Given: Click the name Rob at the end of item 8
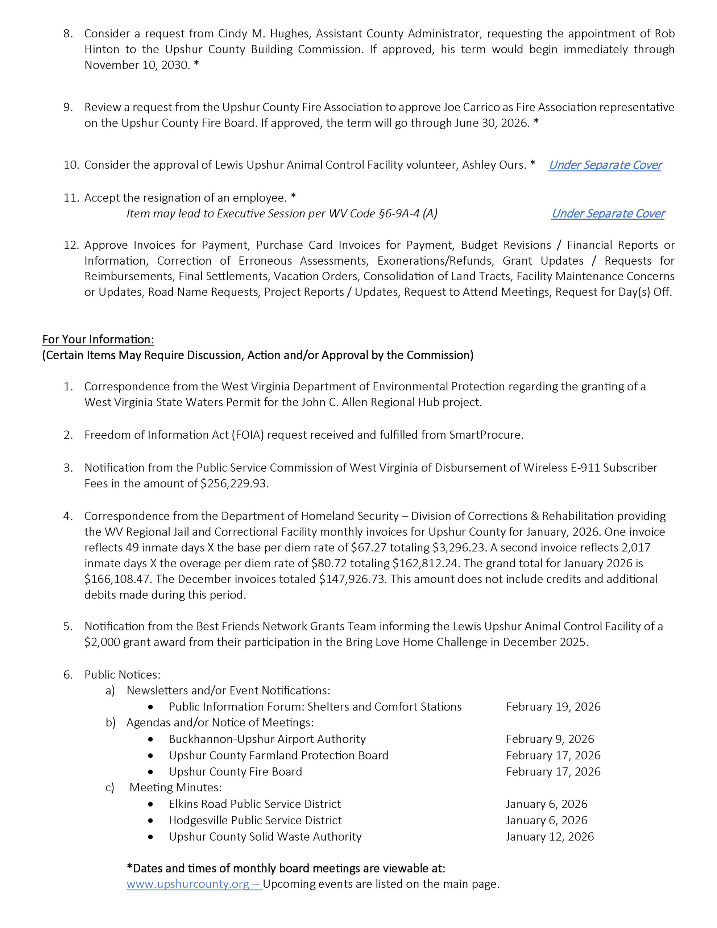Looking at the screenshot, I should (664, 34).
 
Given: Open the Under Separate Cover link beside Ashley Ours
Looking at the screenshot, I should (605, 165).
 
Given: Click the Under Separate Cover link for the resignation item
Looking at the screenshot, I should (608, 213).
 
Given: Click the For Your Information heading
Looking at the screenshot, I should (98, 339).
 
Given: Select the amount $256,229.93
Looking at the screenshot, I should (234, 484).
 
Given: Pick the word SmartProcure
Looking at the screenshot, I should (485, 435).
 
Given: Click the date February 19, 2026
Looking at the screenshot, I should (553, 707).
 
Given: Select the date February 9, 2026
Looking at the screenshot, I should (550, 739).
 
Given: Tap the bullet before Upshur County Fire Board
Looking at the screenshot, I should (150, 772).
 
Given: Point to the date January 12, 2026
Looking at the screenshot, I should (550, 836).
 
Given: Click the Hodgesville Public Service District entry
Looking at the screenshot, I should (255, 820).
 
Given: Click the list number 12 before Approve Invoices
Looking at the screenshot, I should (71, 245).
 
